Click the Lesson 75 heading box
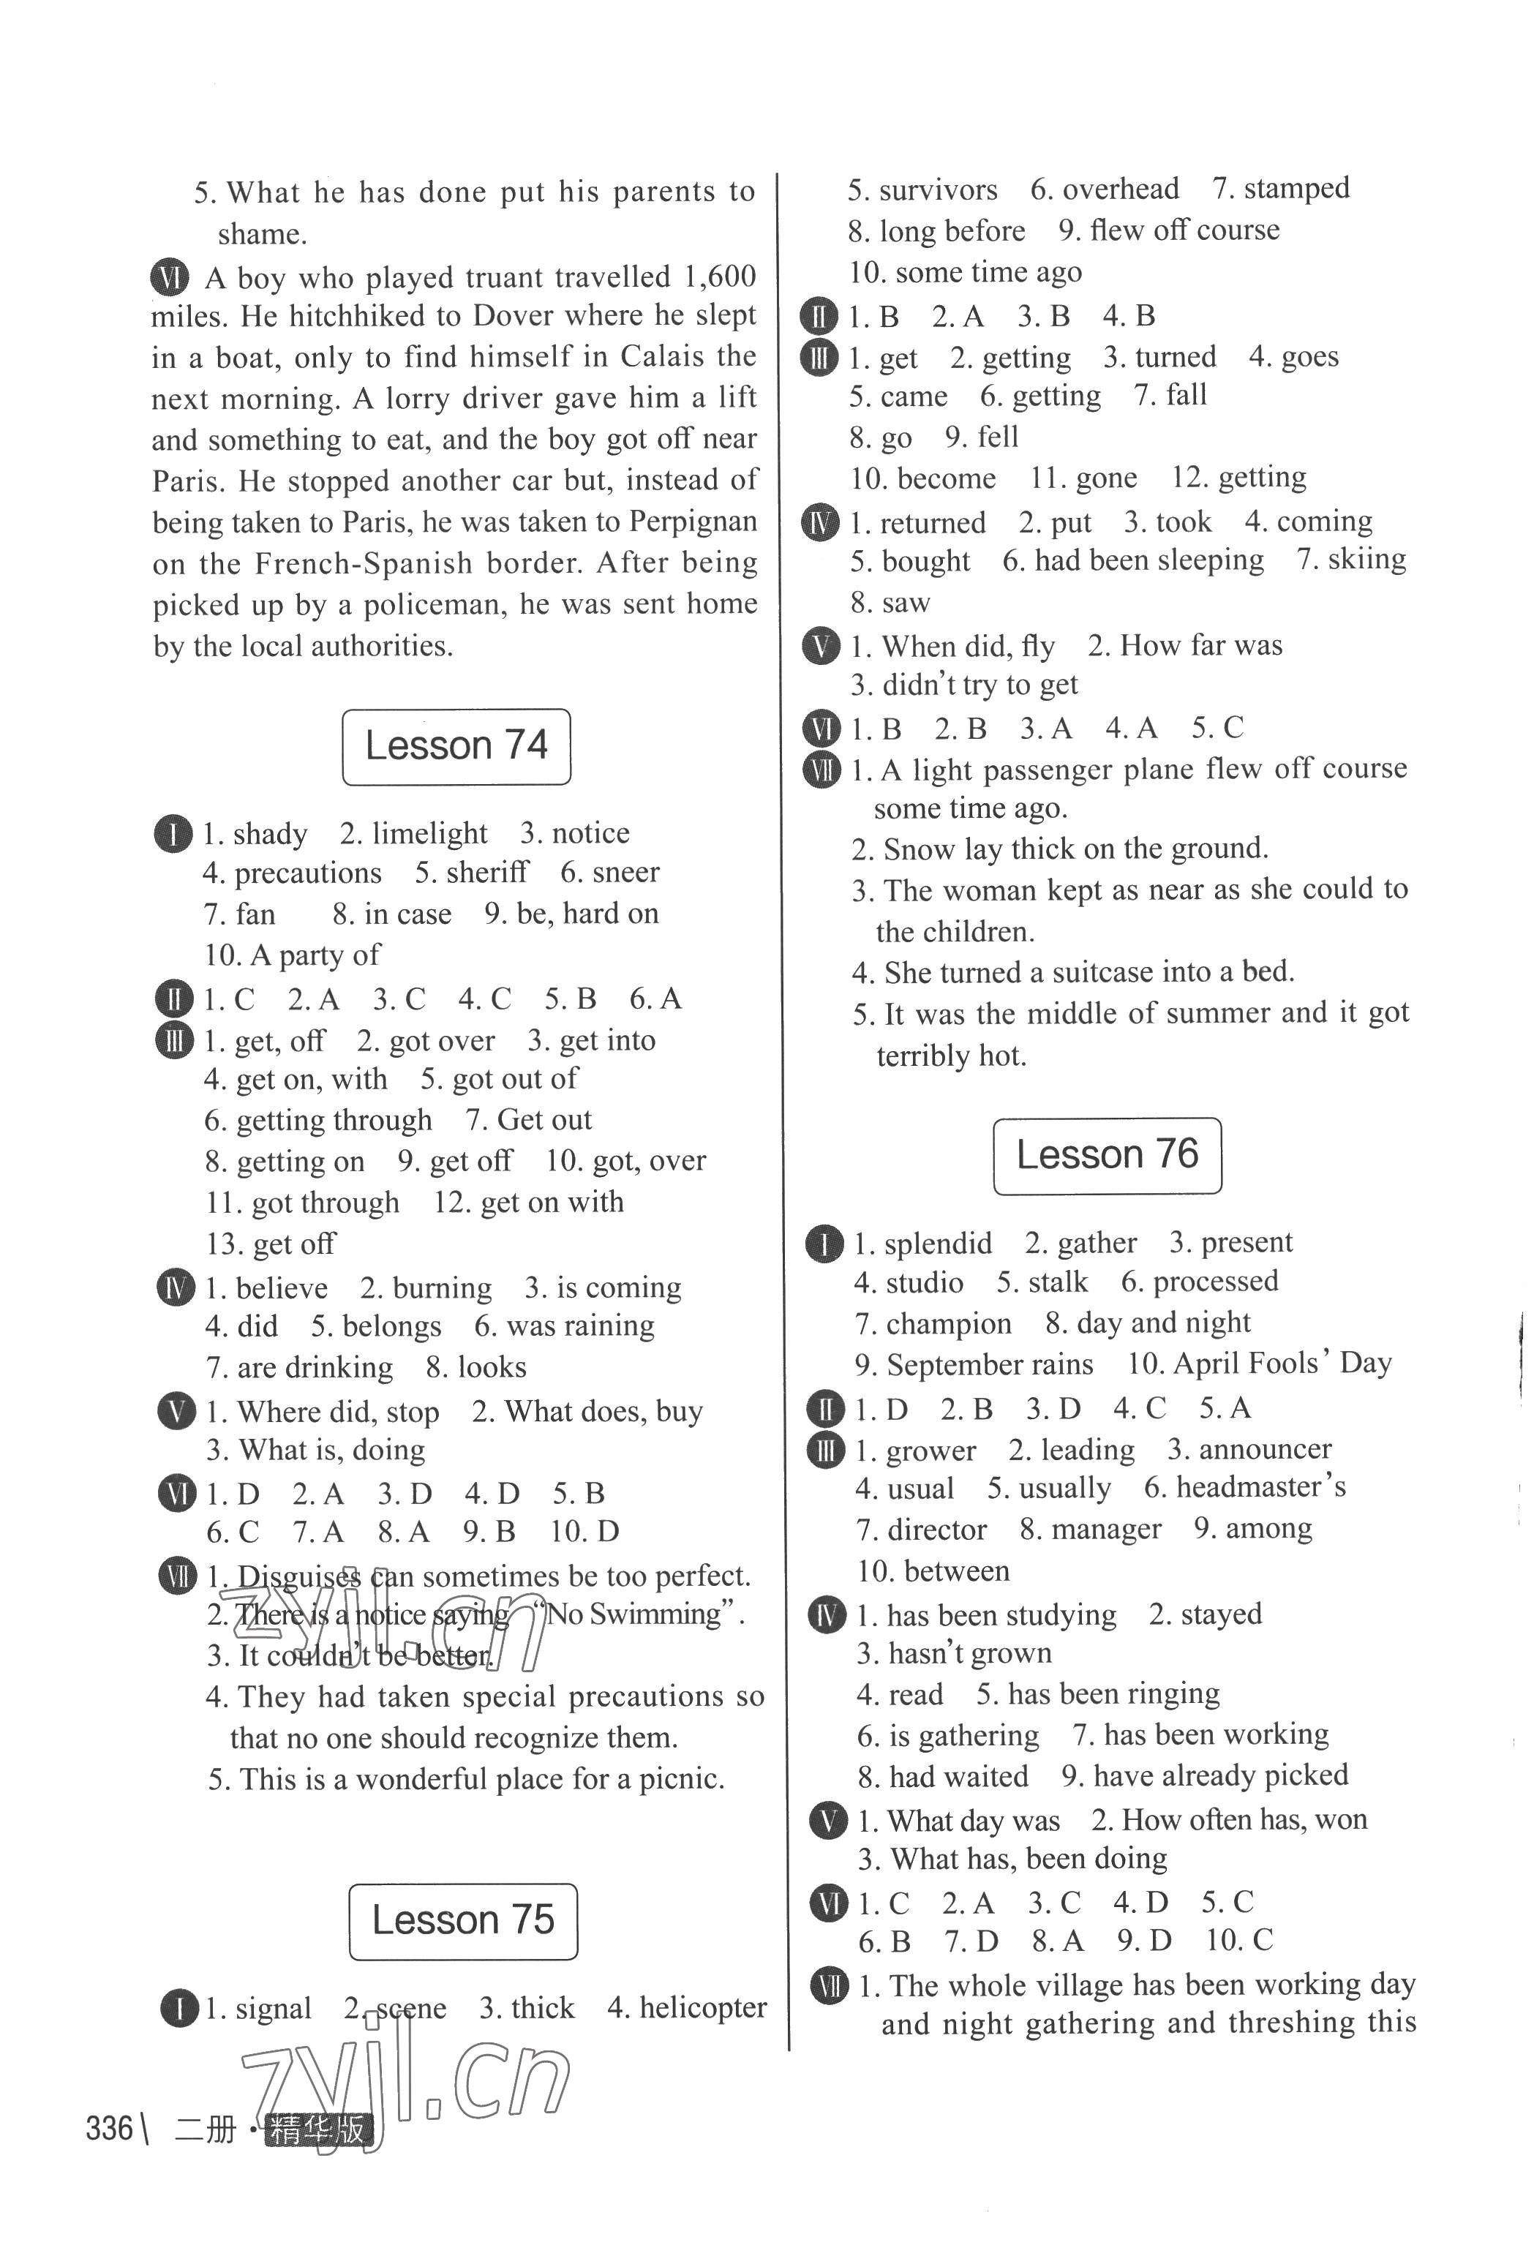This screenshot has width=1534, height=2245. [x=463, y=1920]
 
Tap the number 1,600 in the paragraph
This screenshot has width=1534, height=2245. [x=720, y=277]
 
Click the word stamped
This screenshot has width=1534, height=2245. [x=1296, y=189]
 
